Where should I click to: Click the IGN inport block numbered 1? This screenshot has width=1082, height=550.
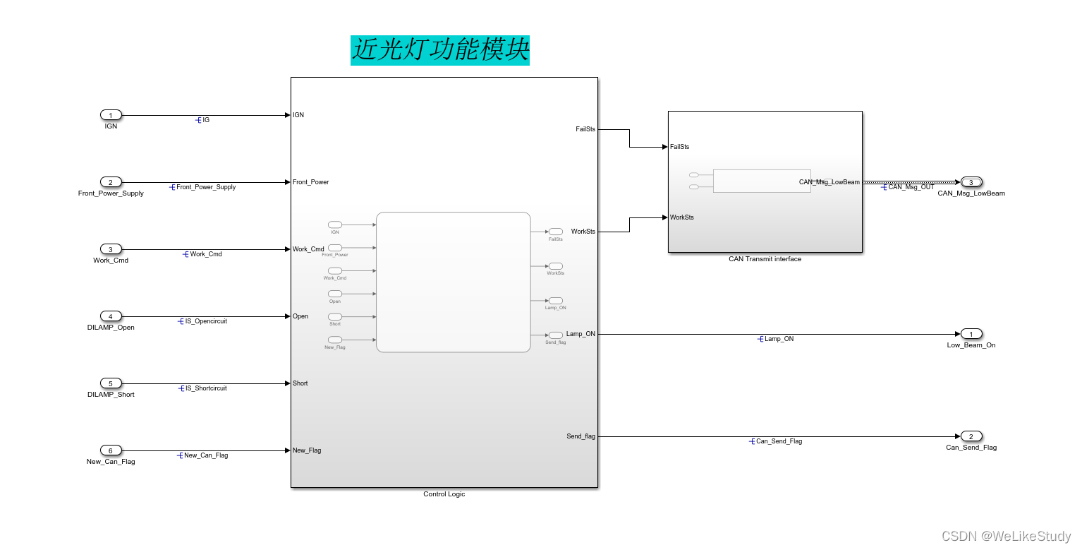[x=111, y=115]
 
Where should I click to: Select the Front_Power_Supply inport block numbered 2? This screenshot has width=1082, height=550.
[x=111, y=182]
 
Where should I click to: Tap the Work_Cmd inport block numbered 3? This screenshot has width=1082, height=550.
[x=111, y=249]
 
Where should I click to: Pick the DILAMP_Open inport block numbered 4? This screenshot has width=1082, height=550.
[x=111, y=316]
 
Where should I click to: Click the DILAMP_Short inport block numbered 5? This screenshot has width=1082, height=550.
[x=111, y=383]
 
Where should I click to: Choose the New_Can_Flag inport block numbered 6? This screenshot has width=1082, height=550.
[x=111, y=450]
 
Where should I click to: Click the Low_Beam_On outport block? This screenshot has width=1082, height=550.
[x=971, y=334]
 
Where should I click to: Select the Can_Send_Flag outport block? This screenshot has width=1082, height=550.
[x=971, y=436]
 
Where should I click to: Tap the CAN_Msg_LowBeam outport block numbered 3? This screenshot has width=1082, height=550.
[x=971, y=182]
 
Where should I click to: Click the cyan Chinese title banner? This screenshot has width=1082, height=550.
[x=440, y=51]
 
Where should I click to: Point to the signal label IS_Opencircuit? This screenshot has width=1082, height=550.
[x=206, y=321]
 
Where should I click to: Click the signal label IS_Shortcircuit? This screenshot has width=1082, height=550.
[x=206, y=388]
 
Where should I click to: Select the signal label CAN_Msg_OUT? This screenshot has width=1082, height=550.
[x=911, y=187]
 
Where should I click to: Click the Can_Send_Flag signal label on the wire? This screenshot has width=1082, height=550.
[x=779, y=441]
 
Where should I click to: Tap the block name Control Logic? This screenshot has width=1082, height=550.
[x=444, y=494]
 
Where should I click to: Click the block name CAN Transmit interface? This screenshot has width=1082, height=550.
[x=765, y=259]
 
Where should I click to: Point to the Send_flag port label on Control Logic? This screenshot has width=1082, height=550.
[x=580, y=436]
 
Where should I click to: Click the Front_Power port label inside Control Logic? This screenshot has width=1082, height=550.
[x=311, y=182]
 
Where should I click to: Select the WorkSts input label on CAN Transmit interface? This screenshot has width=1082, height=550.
[x=682, y=217]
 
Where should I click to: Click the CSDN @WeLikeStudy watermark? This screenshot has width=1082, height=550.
[x=1006, y=537]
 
